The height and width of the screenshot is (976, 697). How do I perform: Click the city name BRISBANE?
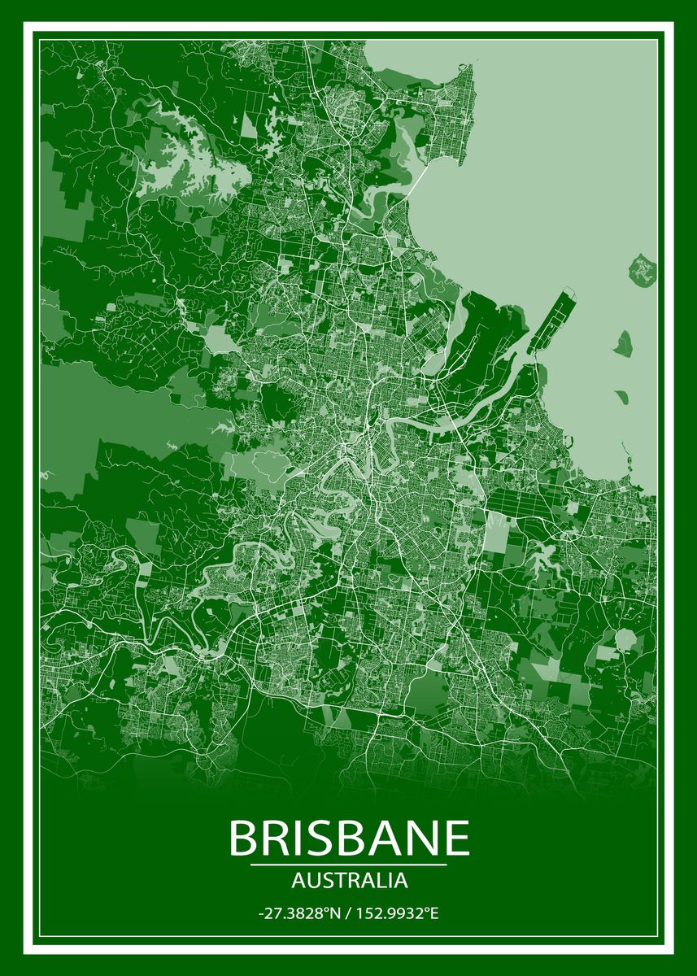350,837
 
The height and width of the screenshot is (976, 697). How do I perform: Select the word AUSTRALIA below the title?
349,880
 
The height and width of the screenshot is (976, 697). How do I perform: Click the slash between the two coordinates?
347,914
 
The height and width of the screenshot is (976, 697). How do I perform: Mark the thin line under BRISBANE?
349,865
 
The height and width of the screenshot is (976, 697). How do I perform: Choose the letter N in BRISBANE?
421,837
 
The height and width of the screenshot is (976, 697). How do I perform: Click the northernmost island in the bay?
643,268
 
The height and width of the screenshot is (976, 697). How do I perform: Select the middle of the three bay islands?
624,342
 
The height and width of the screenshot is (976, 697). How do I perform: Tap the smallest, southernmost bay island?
621,397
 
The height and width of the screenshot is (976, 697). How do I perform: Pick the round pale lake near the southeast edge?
625,639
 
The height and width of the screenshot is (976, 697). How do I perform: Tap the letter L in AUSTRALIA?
381,880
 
